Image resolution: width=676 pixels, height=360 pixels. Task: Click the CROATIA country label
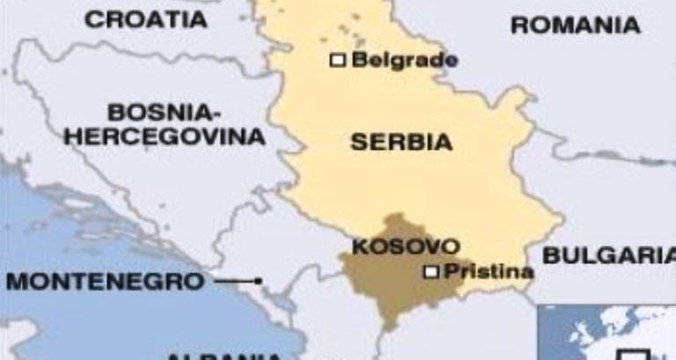(x=145, y=18)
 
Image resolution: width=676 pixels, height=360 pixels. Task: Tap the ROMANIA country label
(x=576, y=26)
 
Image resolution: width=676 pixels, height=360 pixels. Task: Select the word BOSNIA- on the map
(x=161, y=113)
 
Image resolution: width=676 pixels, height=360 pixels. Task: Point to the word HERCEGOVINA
(x=165, y=137)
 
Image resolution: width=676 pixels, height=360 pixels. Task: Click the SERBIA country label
(x=401, y=142)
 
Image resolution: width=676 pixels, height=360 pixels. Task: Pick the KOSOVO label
(x=405, y=246)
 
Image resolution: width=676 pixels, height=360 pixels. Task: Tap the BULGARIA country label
(x=608, y=256)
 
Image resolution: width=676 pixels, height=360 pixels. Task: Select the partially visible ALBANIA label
(x=224, y=355)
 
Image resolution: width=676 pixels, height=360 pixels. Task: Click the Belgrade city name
(x=405, y=60)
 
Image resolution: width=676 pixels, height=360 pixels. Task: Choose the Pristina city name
(x=487, y=272)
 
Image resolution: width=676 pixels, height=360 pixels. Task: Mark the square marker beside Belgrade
(x=336, y=60)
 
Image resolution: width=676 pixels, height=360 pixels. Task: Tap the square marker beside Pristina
(x=430, y=272)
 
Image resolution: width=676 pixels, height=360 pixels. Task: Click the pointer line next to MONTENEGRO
(x=235, y=282)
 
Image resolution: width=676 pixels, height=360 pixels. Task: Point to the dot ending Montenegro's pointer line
(x=259, y=282)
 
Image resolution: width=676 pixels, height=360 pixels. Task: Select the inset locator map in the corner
(x=607, y=333)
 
